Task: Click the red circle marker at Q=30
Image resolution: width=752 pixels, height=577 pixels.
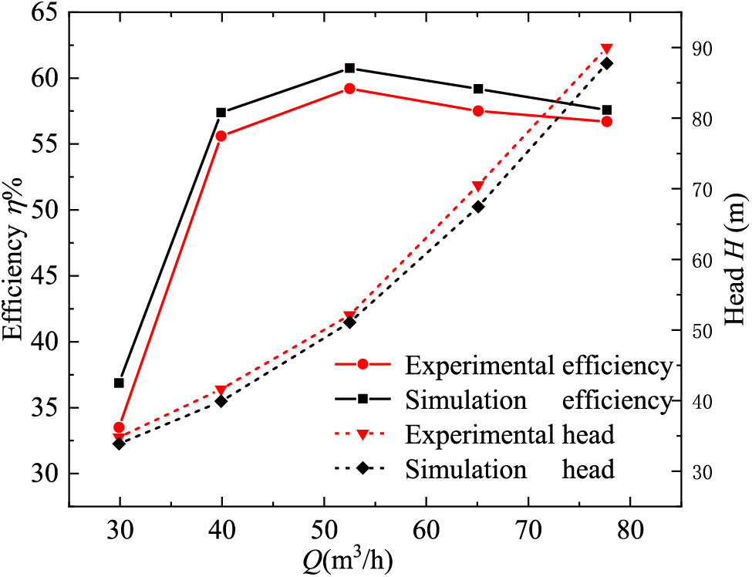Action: pos(119,427)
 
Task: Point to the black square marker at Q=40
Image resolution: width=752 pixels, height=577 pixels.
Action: pos(221,113)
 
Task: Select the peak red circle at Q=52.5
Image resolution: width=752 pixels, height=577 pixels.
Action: pos(349,89)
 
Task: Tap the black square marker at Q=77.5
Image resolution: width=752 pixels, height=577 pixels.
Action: pos(606,110)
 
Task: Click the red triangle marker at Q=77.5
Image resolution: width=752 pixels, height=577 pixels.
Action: pos(606,49)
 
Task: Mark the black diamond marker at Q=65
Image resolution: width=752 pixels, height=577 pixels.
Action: pos(478,207)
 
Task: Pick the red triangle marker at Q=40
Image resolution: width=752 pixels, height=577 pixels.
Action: pos(221,390)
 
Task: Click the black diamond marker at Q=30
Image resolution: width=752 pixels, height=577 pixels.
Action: pos(119,444)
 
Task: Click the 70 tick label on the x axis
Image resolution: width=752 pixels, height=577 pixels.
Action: pos(528,531)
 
